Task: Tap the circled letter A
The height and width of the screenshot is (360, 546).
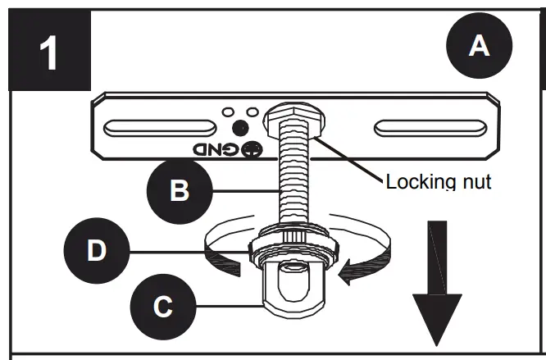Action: pyautogui.click(x=479, y=47)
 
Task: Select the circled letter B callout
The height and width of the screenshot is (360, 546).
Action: pyautogui.click(x=180, y=190)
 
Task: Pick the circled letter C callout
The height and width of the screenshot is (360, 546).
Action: pyautogui.click(x=163, y=306)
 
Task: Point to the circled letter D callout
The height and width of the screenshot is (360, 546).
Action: pyautogui.click(x=97, y=250)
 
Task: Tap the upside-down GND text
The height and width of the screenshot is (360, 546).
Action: pyautogui.click(x=212, y=150)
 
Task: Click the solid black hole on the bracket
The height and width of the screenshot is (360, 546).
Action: pyautogui.click(x=239, y=127)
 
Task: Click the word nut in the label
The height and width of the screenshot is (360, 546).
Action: pyautogui.click(x=475, y=181)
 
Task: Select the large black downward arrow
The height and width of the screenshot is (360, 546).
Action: pyautogui.click(x=439, y=286)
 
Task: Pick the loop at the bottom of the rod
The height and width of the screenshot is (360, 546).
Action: pyautogui.click(x=293, y=282)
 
